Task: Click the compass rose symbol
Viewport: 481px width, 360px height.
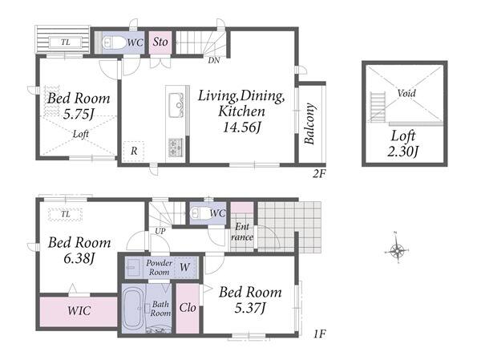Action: pyautogui.click(x=397, y=251)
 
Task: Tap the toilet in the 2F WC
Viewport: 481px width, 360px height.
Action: pyautogui.click(x=114, y=42)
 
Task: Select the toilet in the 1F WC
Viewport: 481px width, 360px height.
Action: pyautogui.click(x=199, y=212)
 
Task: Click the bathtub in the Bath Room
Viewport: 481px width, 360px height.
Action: pyautogui.click(x=133, y=309)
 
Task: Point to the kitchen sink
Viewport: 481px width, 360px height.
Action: pyautogui.click(x=176, y=105)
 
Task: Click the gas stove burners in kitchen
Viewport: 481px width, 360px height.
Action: pyautogui.click(x=176, y=148)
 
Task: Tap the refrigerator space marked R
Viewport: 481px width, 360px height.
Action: pyautogui.click(x=134, y=152)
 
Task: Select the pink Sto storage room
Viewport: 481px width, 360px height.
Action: pyautogui.click(x=160, y=42)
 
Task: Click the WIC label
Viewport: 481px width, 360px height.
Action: pyautogui.click(x=79, y=310)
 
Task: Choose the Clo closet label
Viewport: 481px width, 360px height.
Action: pyautogui.click(x=188, y=308)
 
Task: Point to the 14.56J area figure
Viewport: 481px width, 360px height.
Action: pyautogui.click(x=242, y=127)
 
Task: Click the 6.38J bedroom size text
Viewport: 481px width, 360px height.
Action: pyautogui.click(x=79, y=258)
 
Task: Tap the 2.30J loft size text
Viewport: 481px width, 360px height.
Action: pyautogui.click(x=403, y=152)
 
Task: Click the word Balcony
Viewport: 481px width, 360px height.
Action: pyautogui.click(x=309, y=123)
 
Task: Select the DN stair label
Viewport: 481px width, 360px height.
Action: pyautogui.click(x=214, y=60)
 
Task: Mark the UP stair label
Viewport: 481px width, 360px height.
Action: pyautogui.click(x=160, y=231)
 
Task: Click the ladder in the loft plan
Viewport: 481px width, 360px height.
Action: pyautogui.click(x=378, y=107)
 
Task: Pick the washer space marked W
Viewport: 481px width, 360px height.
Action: pyautogui.click(x=184, y=267)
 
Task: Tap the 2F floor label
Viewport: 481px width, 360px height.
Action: pyautogui.click(x=319, y=174)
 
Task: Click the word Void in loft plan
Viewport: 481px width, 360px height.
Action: pyautogui.click(x=406, y=93)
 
